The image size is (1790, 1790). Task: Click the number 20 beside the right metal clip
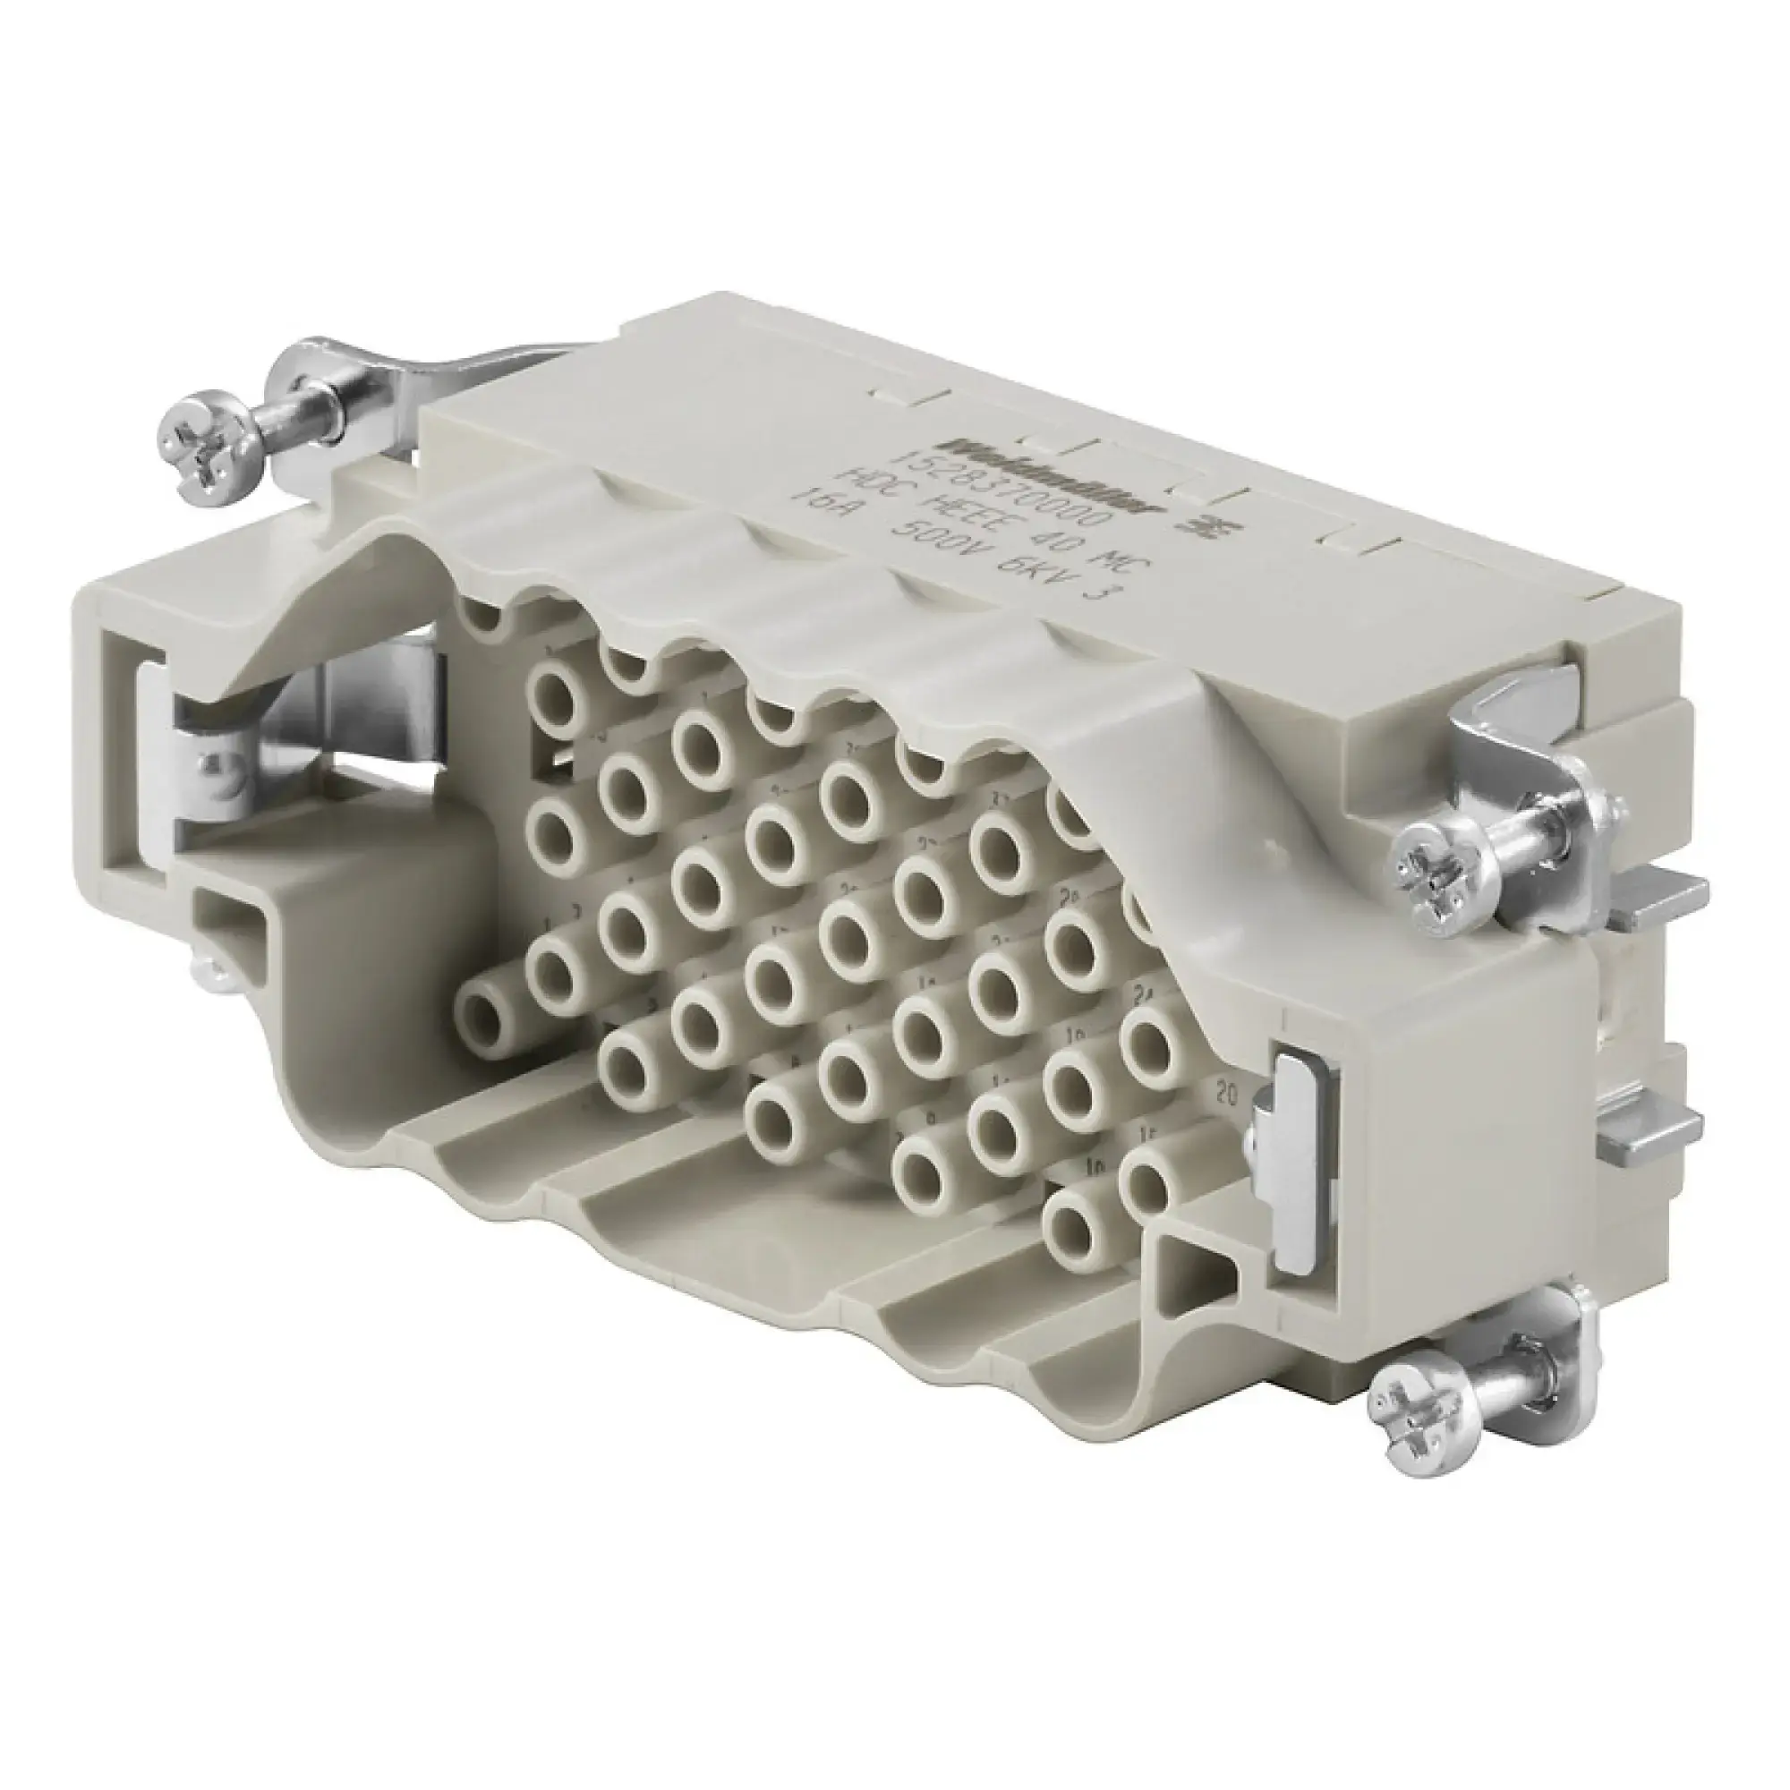(x=1229, y=1095)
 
